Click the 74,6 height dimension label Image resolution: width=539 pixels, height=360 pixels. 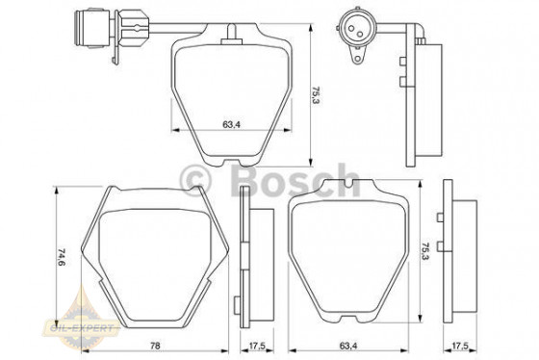(61, 258)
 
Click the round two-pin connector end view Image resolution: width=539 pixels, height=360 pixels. (357, 24)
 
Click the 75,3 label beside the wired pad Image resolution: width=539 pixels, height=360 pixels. (315, 94)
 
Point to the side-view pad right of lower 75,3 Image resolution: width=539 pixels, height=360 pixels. (459, 252)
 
